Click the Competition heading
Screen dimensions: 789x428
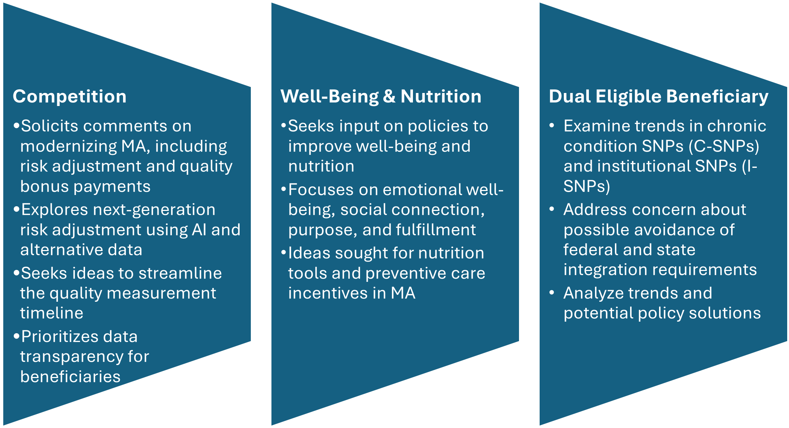pyautogui.click(x=69, y=97)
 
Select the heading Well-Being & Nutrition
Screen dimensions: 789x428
pyautogui.click(x=381, y=97)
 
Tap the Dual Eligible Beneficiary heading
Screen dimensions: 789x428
pyautogui.click(x=659, y=97)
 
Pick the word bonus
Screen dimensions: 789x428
pyautogui.click(x=41, y=186)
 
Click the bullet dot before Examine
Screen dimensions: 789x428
pyautogui.click(x=552, y=126)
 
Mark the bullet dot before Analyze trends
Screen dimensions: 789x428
pyautogui.click(x=552, y=292)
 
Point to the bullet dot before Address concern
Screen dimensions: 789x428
pyautogui.click(x=552, y=209)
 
